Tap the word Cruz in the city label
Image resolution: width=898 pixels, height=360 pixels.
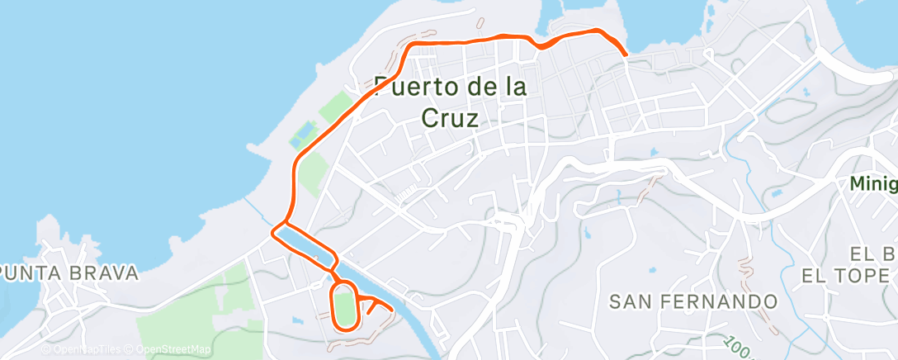point(450,117)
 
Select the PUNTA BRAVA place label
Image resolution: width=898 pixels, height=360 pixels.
point(69,273)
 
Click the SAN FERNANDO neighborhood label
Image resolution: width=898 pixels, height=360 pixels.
point(693,301)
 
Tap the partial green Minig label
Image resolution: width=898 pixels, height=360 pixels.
point(874,185)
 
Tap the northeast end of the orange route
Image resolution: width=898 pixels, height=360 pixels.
point(625,54)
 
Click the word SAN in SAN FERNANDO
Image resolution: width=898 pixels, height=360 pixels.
point(630,301)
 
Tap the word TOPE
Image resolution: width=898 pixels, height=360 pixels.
point(863,276)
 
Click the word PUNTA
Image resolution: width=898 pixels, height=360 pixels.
point(31,273)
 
